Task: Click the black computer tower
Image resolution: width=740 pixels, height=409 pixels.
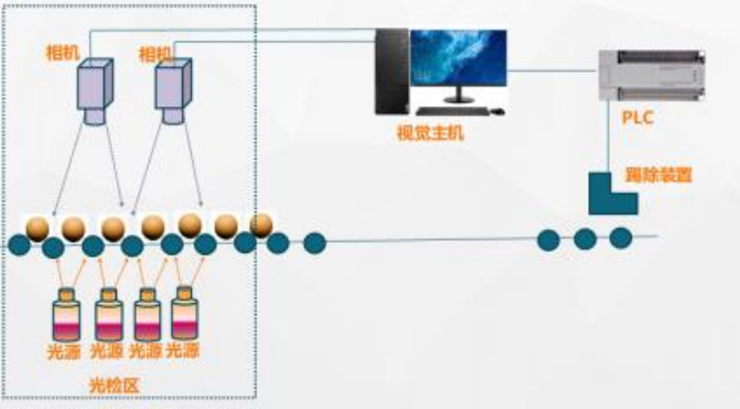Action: (x=391, y=71)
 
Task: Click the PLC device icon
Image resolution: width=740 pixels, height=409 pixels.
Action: (x=650, y=74)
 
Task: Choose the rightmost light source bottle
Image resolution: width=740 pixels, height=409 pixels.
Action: (x=184, y=313)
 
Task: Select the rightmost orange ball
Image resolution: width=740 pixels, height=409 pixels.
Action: (x=260, y=224)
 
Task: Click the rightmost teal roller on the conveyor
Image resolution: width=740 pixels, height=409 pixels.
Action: (x=621, y=238)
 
